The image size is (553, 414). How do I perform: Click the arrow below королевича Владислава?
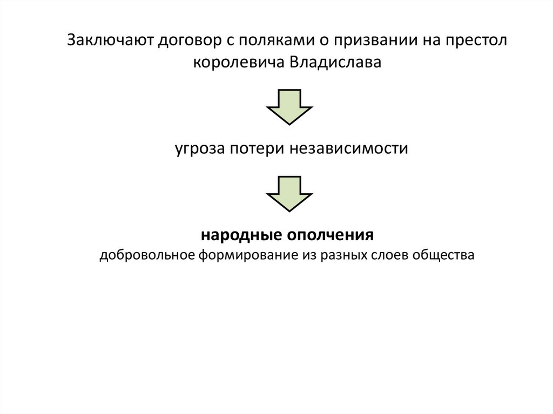click(289, 106)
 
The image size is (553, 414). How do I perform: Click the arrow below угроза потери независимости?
click(289, 193)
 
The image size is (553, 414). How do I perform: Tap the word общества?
click(443, 255)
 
